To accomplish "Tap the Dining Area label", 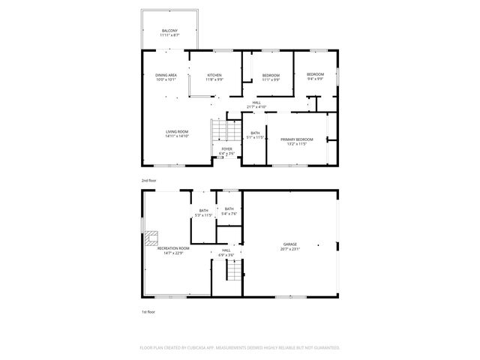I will (x=166, y=75).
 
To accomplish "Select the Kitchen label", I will (x=214, y=75).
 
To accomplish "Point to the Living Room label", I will (x=177, y=132).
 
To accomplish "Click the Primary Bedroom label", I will (x=297, y=139).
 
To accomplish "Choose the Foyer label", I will (x=226, y=149).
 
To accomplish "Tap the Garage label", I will (x=290, y=244).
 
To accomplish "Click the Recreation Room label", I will (x=175, y=249).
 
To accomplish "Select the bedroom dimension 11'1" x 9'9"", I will (x=271, y=79).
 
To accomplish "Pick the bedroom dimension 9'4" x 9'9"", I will (x=315, y=79).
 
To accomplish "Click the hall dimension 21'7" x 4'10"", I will (x=256, y=107).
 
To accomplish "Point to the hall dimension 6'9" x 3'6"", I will (x=226, y=255).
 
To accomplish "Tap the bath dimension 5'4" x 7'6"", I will (x=229, y=214).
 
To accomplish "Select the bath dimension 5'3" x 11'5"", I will (x=203, y=215).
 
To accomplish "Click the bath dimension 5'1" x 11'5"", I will (x=256, y=137).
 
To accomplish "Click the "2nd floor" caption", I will (x=148, y=181).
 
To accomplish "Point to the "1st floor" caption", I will (x=148, y=311).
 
